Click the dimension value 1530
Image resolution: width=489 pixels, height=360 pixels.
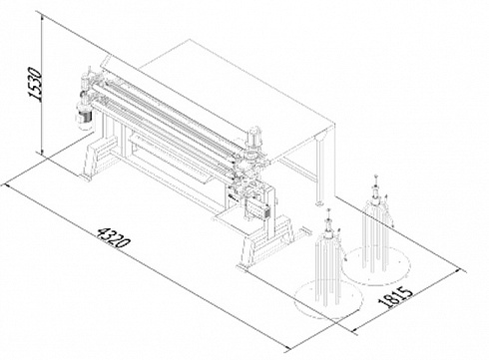[35, 84]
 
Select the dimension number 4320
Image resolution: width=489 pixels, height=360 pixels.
[113, 237]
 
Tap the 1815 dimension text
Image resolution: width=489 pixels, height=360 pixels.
[395, 297]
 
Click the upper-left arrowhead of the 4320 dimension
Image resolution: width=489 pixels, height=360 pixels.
[8, 186]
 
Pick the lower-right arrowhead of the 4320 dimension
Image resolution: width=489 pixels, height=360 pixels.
[286, 348]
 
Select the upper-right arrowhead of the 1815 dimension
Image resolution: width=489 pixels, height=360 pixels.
[460, 271]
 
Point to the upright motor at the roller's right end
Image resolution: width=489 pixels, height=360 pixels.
[253, 138]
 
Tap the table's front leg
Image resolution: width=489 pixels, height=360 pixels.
[320, 173]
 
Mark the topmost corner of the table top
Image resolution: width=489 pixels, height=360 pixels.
[190, 39]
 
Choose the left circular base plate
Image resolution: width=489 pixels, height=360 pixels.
[328, 298]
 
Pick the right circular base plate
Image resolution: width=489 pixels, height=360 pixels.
[376, 265]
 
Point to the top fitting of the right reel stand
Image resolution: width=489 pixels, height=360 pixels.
[376, 187]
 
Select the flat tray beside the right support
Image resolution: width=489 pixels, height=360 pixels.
[228, 217]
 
